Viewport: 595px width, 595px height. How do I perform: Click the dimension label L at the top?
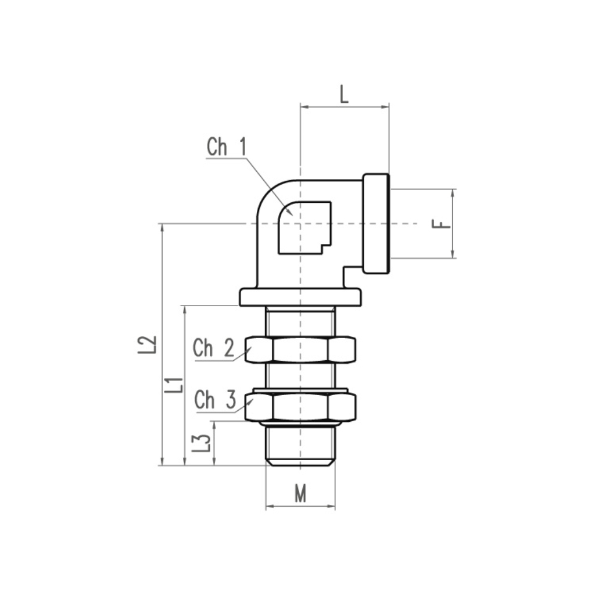pos(344,94)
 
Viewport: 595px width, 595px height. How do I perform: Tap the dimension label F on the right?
pos(442,224)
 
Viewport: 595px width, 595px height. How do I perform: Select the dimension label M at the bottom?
pos(300,494)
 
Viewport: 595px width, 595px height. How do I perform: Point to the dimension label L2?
pos(147,345)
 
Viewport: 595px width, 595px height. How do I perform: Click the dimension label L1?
pos(174,385)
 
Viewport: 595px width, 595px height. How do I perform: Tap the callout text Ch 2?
pos(214,347)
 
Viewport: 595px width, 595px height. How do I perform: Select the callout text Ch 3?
pos(215,400)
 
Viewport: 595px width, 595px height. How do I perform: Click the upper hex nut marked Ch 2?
pos(300,349)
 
